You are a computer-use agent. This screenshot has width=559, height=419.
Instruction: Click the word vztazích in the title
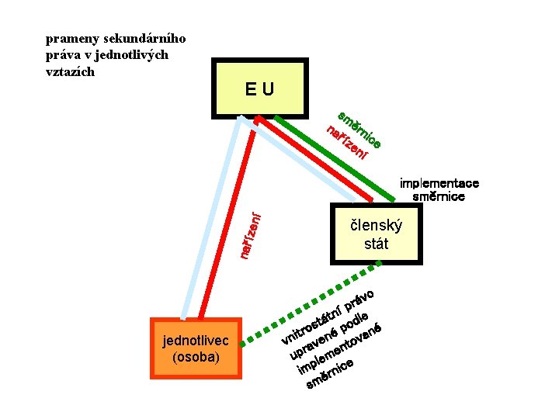point(70,71)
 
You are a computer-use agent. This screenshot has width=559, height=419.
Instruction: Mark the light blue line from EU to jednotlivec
point(210,225)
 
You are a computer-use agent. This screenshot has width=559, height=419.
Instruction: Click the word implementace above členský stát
point(439,184)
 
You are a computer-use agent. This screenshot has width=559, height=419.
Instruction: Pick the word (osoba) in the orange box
point(196,357)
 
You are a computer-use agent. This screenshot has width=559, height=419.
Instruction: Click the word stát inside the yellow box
point(376,244)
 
